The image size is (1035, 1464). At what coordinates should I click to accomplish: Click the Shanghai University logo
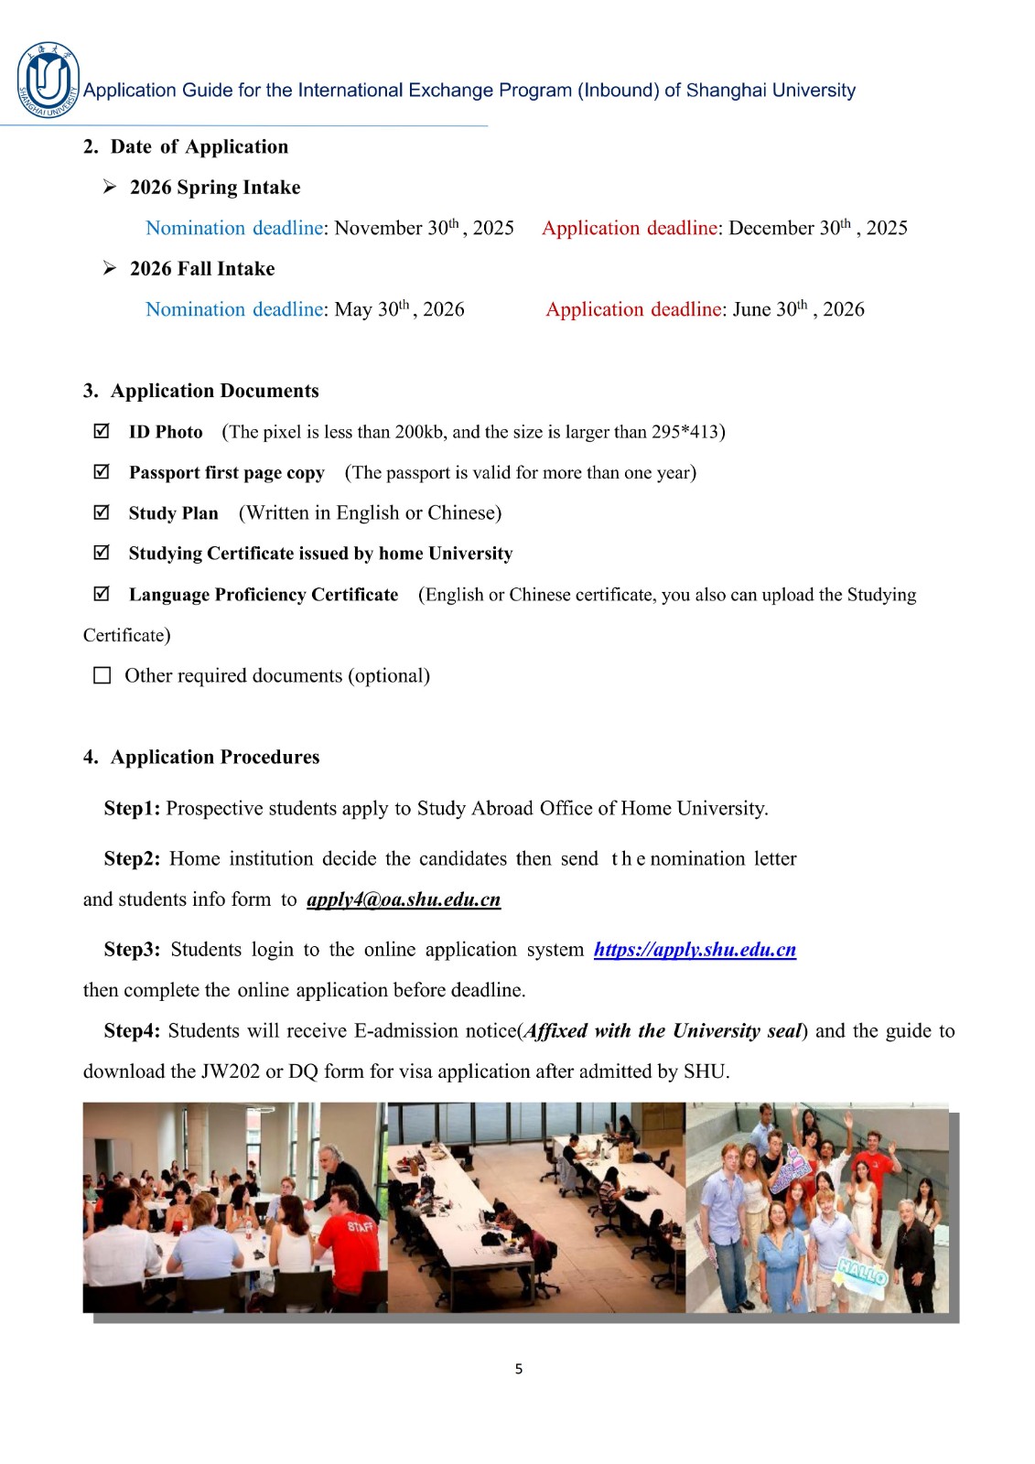[x=48, y=81]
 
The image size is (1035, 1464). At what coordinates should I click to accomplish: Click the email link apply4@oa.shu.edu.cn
[x=404, y=899]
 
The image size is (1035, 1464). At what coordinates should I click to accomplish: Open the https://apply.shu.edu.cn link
[x=695, y=950]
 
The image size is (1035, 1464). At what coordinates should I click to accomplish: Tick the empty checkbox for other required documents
[x=102, y=675]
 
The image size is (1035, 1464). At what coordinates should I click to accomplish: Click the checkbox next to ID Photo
[x=102, y=431]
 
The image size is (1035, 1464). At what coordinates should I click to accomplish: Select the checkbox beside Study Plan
[x=102, y=512]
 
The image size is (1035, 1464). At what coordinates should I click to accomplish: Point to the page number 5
[x=519, y=1369]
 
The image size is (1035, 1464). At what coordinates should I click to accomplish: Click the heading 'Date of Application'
[x=199, y=146]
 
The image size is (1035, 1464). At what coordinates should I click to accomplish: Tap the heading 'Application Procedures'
[x=215, y=757]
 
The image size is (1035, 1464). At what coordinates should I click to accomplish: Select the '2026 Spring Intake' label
[x=215, y=188]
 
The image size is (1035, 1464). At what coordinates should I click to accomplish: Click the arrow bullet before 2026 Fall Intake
[x=110, y=268]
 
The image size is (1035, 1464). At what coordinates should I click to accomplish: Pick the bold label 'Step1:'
[x=132, y=809]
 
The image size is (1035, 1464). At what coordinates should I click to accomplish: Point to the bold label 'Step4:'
[x=132, y=1031]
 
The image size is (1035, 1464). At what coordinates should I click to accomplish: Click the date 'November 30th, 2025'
[x=424, y=228]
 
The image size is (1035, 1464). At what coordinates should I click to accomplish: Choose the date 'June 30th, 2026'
[x=798, y=309]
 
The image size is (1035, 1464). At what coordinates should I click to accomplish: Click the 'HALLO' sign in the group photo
[x=862, y=1272]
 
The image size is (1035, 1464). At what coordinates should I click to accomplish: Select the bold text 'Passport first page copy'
[x=226, y=473]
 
